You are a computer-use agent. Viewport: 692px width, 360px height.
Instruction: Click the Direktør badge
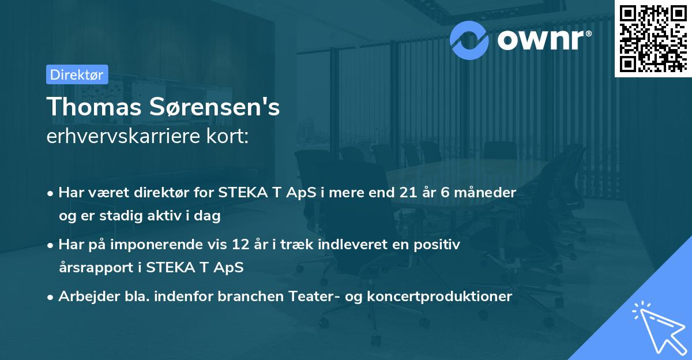pyautogui.click(x=77, y=74)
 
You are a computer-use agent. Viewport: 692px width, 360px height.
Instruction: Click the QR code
pyautogui.click(x=653, y=38)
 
